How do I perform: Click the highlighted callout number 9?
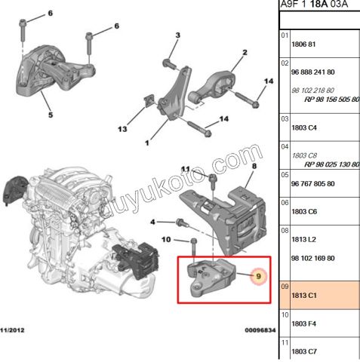[258, 277]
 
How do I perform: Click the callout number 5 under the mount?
[51, 115]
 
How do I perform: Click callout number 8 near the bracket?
[254, 165]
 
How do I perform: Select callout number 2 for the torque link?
[245, 53]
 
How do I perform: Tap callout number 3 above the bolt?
[177, 35]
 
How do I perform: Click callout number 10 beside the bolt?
[168, 241]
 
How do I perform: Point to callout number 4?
[153, 222]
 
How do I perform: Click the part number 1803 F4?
[304, 324]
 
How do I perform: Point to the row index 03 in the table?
[285, 118]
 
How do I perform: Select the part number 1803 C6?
[304, 213]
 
